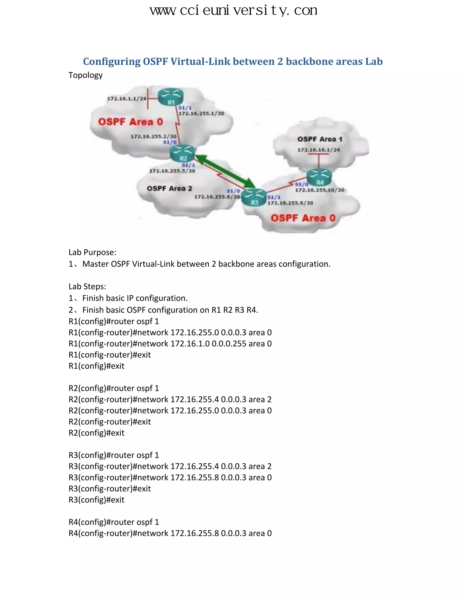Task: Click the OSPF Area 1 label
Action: [320, 139]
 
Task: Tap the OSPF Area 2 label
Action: [169, 189]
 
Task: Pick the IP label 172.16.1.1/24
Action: [127, 99]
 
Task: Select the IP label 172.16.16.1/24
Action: [319, 150]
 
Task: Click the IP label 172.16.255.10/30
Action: [319, 190]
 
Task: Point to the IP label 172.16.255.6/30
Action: [217, 197]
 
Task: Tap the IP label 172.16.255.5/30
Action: [172, 171]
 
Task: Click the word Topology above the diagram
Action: [86, 75]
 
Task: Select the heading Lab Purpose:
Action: [92, 252]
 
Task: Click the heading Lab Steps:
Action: [87, 286]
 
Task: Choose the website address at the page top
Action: [233, 10]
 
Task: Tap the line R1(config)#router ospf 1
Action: [114, 321]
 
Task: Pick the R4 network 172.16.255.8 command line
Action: [170, 533]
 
